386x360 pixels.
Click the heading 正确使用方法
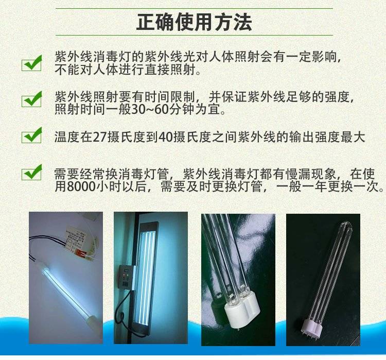194,23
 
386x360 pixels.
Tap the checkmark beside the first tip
32,63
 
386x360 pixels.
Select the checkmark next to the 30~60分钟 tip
32,99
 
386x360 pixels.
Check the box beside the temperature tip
32,135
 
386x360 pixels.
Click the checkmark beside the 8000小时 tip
32,172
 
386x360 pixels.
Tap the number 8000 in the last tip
81,186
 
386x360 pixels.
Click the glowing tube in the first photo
66,291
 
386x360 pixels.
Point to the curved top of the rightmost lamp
347,227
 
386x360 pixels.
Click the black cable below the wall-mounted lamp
123,313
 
